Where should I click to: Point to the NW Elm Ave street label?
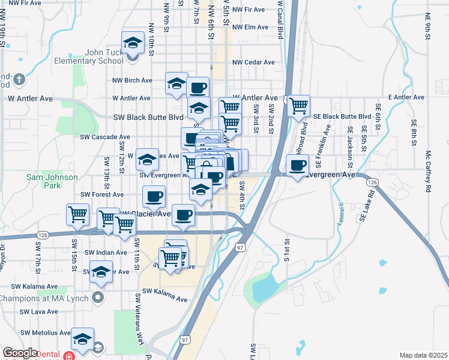[250, 27]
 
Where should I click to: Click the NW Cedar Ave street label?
[253, 62]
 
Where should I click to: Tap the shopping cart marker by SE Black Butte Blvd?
[298, 107]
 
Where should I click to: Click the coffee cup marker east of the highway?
[298, 166]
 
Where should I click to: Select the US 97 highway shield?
[241, 247]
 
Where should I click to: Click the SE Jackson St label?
[350, 147]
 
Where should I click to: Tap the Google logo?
[20, 353]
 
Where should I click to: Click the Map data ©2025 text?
[423, 355]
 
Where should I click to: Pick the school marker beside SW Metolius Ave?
[82, 340]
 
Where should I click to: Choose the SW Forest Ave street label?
[101, 194]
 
